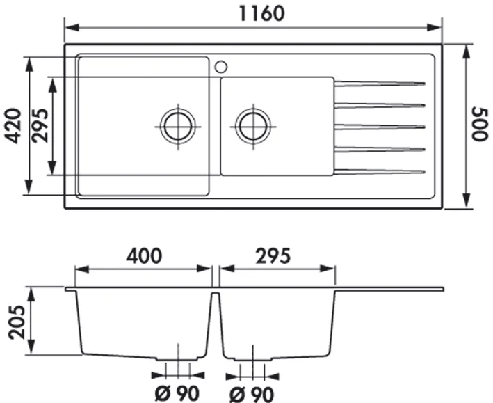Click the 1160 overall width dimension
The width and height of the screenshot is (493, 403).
(253, 13)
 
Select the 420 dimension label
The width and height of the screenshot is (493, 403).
(11, 125)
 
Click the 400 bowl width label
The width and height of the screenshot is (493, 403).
(143, 255)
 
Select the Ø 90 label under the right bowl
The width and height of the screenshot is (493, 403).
(251, 394)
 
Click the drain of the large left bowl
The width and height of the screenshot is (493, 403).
(178, 126)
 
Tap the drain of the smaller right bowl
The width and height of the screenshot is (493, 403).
(252, 126)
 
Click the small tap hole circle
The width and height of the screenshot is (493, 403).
(221, 67)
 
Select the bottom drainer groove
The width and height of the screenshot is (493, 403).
(380, 171)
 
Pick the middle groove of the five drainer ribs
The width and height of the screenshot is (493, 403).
(380, 127)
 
